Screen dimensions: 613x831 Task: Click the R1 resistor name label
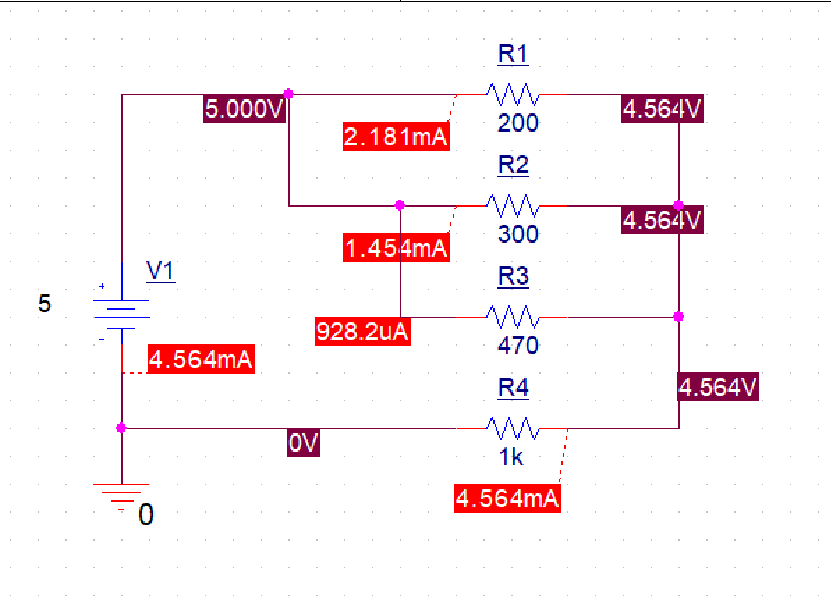click(x=513, y=54)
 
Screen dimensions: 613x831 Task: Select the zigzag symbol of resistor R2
click(x=512, y=206)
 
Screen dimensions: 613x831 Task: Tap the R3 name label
click(x=513, y=277)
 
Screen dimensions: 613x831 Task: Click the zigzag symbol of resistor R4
click(x=512, y=429)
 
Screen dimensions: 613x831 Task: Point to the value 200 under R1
click(x=518, y=123)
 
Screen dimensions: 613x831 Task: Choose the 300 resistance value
click(x=518, y=234)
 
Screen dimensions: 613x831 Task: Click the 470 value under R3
click(x=518, y=345)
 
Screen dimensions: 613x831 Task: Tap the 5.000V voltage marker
click(x=244, y=110)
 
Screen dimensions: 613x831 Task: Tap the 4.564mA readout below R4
click(x=507, y=499)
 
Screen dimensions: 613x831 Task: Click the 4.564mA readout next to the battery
click(x=201, y=360)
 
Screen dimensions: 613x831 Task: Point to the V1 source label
click(x=160, y=271)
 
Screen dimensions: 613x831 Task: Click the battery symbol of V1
click(x=121, y=313)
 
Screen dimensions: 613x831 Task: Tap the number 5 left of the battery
click(x=45, y=304)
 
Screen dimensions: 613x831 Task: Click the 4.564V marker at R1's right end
click(x=662, y=110)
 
